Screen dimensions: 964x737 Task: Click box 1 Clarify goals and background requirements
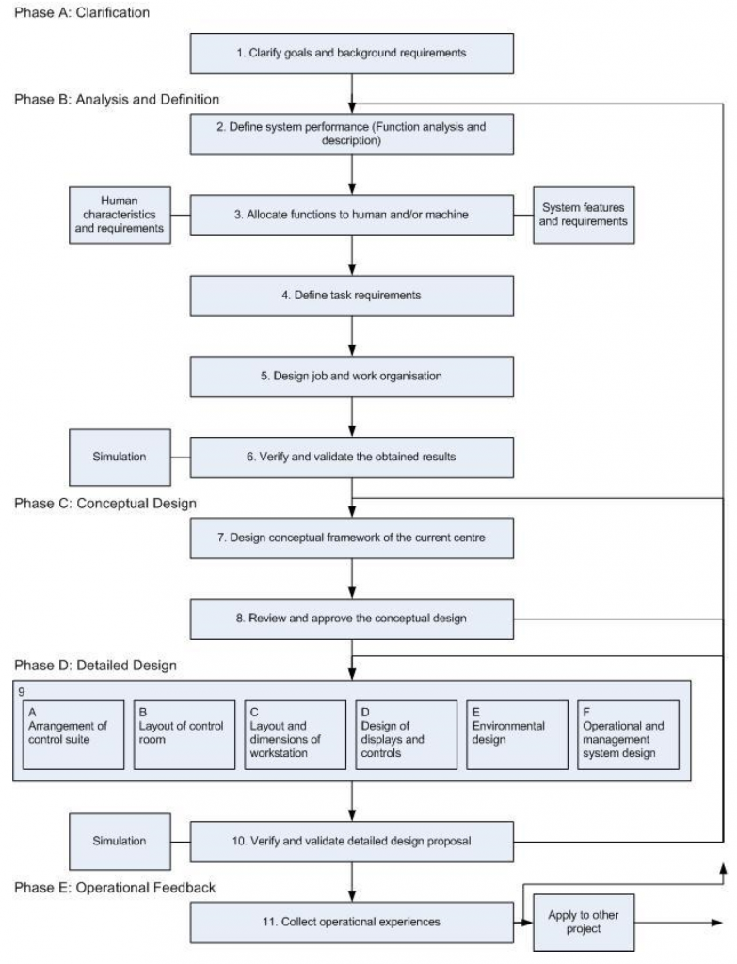coord(352,54)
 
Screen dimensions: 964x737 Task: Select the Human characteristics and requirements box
coord(120,215)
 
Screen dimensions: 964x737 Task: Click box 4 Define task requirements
coord(352,296)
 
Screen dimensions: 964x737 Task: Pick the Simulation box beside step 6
coord(120,457)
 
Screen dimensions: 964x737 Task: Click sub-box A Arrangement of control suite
coord(73,734)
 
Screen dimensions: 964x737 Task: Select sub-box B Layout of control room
coord(184,734)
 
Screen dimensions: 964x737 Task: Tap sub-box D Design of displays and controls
coord(407,734)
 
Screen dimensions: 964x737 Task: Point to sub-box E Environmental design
coord(518,734)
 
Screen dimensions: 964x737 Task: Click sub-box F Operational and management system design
coord(628,734)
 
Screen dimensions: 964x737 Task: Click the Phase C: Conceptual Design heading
coord(105,504)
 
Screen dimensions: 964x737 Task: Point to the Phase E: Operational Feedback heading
coord(115,887)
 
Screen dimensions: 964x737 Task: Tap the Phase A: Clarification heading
coord(82,12)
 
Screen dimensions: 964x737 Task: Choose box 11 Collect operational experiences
coord(352,922)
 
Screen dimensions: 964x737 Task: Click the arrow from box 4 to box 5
coord(352,336)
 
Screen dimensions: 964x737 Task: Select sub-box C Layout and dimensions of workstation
coord(296,734)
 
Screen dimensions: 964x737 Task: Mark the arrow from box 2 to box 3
coord(352,174)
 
